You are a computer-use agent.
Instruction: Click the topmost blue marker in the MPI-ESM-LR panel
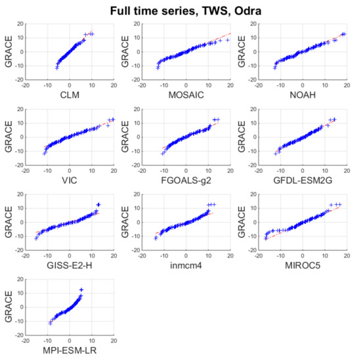coord(81,290)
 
